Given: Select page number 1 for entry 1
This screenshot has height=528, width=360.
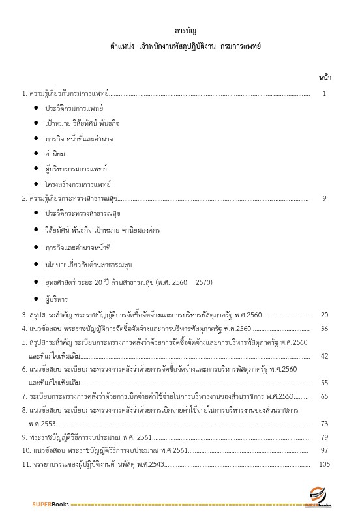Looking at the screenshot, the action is (x=324, y=94).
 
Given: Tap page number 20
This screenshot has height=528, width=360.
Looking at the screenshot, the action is (x=324, y=315).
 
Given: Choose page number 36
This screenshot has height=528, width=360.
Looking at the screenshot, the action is (x=324, y=329).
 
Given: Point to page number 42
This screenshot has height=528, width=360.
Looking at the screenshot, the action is (x=324, y=356).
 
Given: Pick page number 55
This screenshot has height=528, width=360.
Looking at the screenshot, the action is (x=324, y=383).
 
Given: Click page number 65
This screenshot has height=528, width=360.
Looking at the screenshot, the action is (x=324, y=396).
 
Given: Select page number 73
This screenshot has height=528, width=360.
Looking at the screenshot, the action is (x=324, y=424).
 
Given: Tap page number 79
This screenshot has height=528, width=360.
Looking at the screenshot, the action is (x=324, y=437).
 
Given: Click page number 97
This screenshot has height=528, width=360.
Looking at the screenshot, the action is (x=324, y=451).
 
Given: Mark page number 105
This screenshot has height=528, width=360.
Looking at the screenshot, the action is (x=325, y=465).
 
